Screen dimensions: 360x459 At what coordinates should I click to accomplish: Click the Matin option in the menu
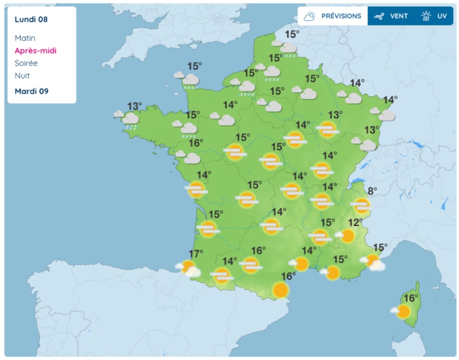tap(25, 38)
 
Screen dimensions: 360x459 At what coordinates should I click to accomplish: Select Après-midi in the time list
tap(36, 51)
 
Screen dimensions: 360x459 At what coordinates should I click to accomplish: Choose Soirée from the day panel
tap(26, 63)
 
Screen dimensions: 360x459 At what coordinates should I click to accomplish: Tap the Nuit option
tap(22, 76)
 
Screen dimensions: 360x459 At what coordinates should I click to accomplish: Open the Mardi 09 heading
tap(32, 91)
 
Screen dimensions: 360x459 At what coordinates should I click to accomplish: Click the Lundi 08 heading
tap(31, 20)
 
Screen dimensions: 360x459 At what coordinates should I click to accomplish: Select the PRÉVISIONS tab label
tap(341, 16)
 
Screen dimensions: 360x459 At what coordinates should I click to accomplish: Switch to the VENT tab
tap(399, 16)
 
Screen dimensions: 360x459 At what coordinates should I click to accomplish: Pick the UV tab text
tap(442, 16)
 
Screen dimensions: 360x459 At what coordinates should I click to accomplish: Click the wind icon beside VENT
tap(379, 16)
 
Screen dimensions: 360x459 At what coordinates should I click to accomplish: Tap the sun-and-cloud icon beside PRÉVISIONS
tap(309, 16)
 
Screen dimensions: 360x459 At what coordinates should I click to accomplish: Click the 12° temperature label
tap(355, 223)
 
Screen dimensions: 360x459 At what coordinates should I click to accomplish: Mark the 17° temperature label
tap(196, 253)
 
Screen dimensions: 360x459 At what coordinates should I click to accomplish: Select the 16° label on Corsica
tap(411, 298)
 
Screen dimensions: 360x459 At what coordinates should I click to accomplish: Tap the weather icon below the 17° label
tap(189, 269)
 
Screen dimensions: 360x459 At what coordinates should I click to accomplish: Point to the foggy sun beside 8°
tap(361, 205)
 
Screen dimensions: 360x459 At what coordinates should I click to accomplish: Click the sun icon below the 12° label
tap(347, 235)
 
